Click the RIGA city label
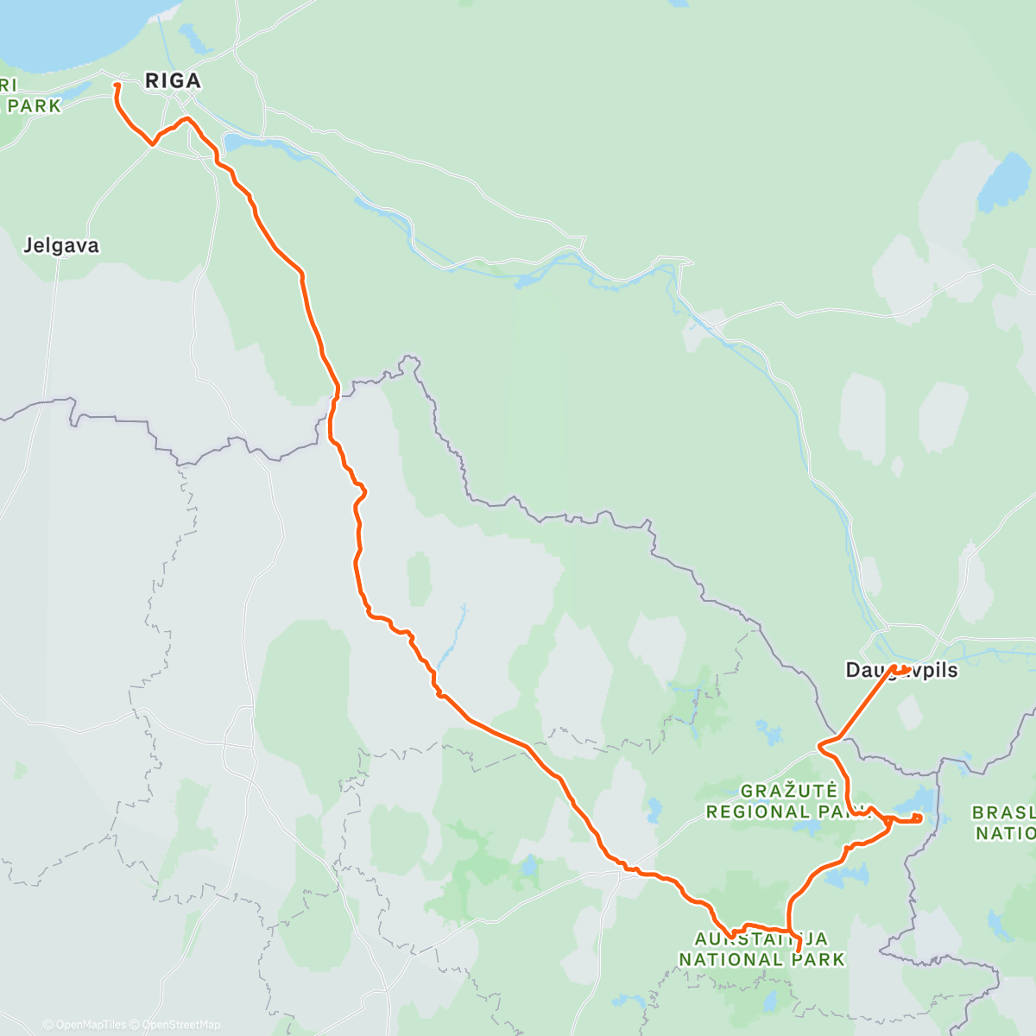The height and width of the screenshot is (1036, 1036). [173, 81]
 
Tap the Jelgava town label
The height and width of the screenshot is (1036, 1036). [60, 246]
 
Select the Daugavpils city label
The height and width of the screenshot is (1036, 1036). [901, 671]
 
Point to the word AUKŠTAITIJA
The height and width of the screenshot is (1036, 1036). [761, 938]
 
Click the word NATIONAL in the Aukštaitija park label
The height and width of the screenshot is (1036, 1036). [730, 959]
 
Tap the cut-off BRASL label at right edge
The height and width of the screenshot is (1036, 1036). [1004, 812]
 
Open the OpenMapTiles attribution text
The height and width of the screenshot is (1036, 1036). [85, 1025]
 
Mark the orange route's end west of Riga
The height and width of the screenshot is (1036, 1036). [117, 85]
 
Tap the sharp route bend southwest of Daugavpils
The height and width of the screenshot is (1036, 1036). [820, 744]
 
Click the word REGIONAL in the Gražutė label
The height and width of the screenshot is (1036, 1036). [758, 812]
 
